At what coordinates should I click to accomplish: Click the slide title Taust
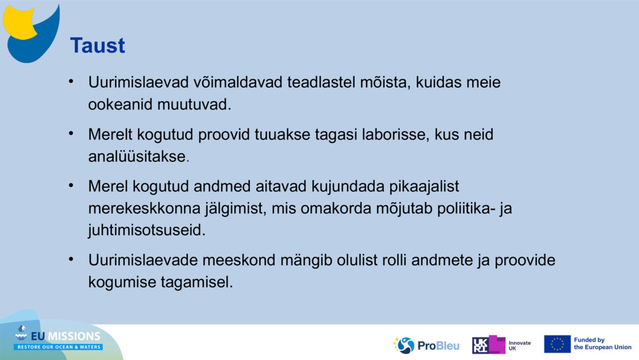(x=97, y=45)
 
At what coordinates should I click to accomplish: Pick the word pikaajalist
(x=417, y=187)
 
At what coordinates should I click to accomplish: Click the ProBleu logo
(x=426, y=345)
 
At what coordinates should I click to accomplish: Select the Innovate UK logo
(x=502, y=345)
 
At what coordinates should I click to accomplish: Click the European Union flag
(x=557, y=344)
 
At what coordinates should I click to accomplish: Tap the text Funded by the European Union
(x=602, y=344)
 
